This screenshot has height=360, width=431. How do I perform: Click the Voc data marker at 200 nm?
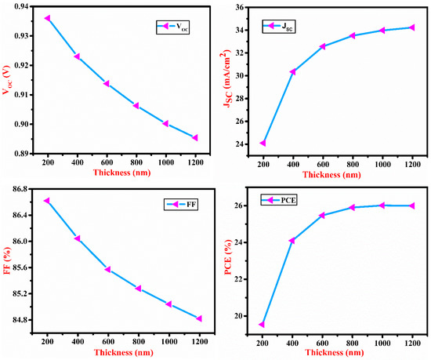(x=48, y=18)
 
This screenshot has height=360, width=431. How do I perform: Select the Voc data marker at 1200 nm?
(x=194, y=137)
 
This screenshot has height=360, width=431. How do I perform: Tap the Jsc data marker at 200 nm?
(x=263, y=143)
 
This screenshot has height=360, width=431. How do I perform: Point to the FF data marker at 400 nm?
(x=78, y=238)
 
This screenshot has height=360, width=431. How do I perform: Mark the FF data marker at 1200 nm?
(x=199, y=318)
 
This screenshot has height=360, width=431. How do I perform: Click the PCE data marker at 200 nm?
(x=262, y=324)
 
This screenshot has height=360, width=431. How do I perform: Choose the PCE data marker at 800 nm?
(x=353, y=207)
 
